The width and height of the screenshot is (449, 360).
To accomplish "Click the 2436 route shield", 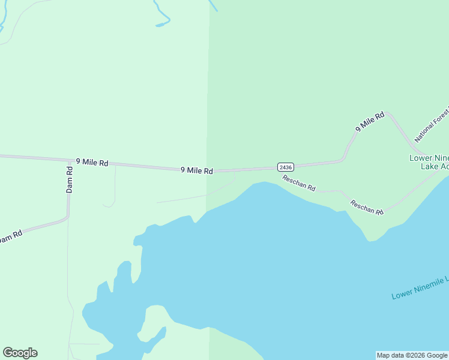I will [x=285, y=167].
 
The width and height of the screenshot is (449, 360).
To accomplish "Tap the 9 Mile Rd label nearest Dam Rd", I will [x=92, y=162].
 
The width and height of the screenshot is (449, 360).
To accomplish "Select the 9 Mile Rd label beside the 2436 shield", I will [x=197, y=170].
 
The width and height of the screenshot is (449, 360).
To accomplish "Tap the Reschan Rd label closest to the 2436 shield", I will [x=299, y=183].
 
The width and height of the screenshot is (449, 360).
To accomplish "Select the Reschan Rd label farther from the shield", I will [x=367, y=207].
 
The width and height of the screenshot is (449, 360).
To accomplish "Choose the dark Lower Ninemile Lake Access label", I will [x=429, y=162].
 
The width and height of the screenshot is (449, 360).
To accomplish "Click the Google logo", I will [x=20, y=353].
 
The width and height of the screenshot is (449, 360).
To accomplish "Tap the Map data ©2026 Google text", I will [x=412, y=355].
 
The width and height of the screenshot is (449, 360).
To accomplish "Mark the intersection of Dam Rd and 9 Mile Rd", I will [x=69, y=160].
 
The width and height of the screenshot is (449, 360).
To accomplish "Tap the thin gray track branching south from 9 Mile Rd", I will [x=115, y=186].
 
